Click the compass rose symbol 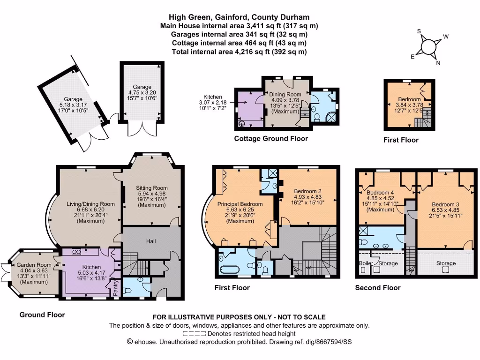(x=428, y=47)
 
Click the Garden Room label (x=33, y=265)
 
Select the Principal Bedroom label (x=240, y=204)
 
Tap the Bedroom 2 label (x=307, y=191)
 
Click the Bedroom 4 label (x=381, y=193)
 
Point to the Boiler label (x=366, y=263)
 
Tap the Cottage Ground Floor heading (x=271, y=138)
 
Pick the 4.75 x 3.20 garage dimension (x=142, y=93)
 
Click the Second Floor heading (x=378, y=287)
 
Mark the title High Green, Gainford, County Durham (x=240, y=17)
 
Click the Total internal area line (x=240, y=52)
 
